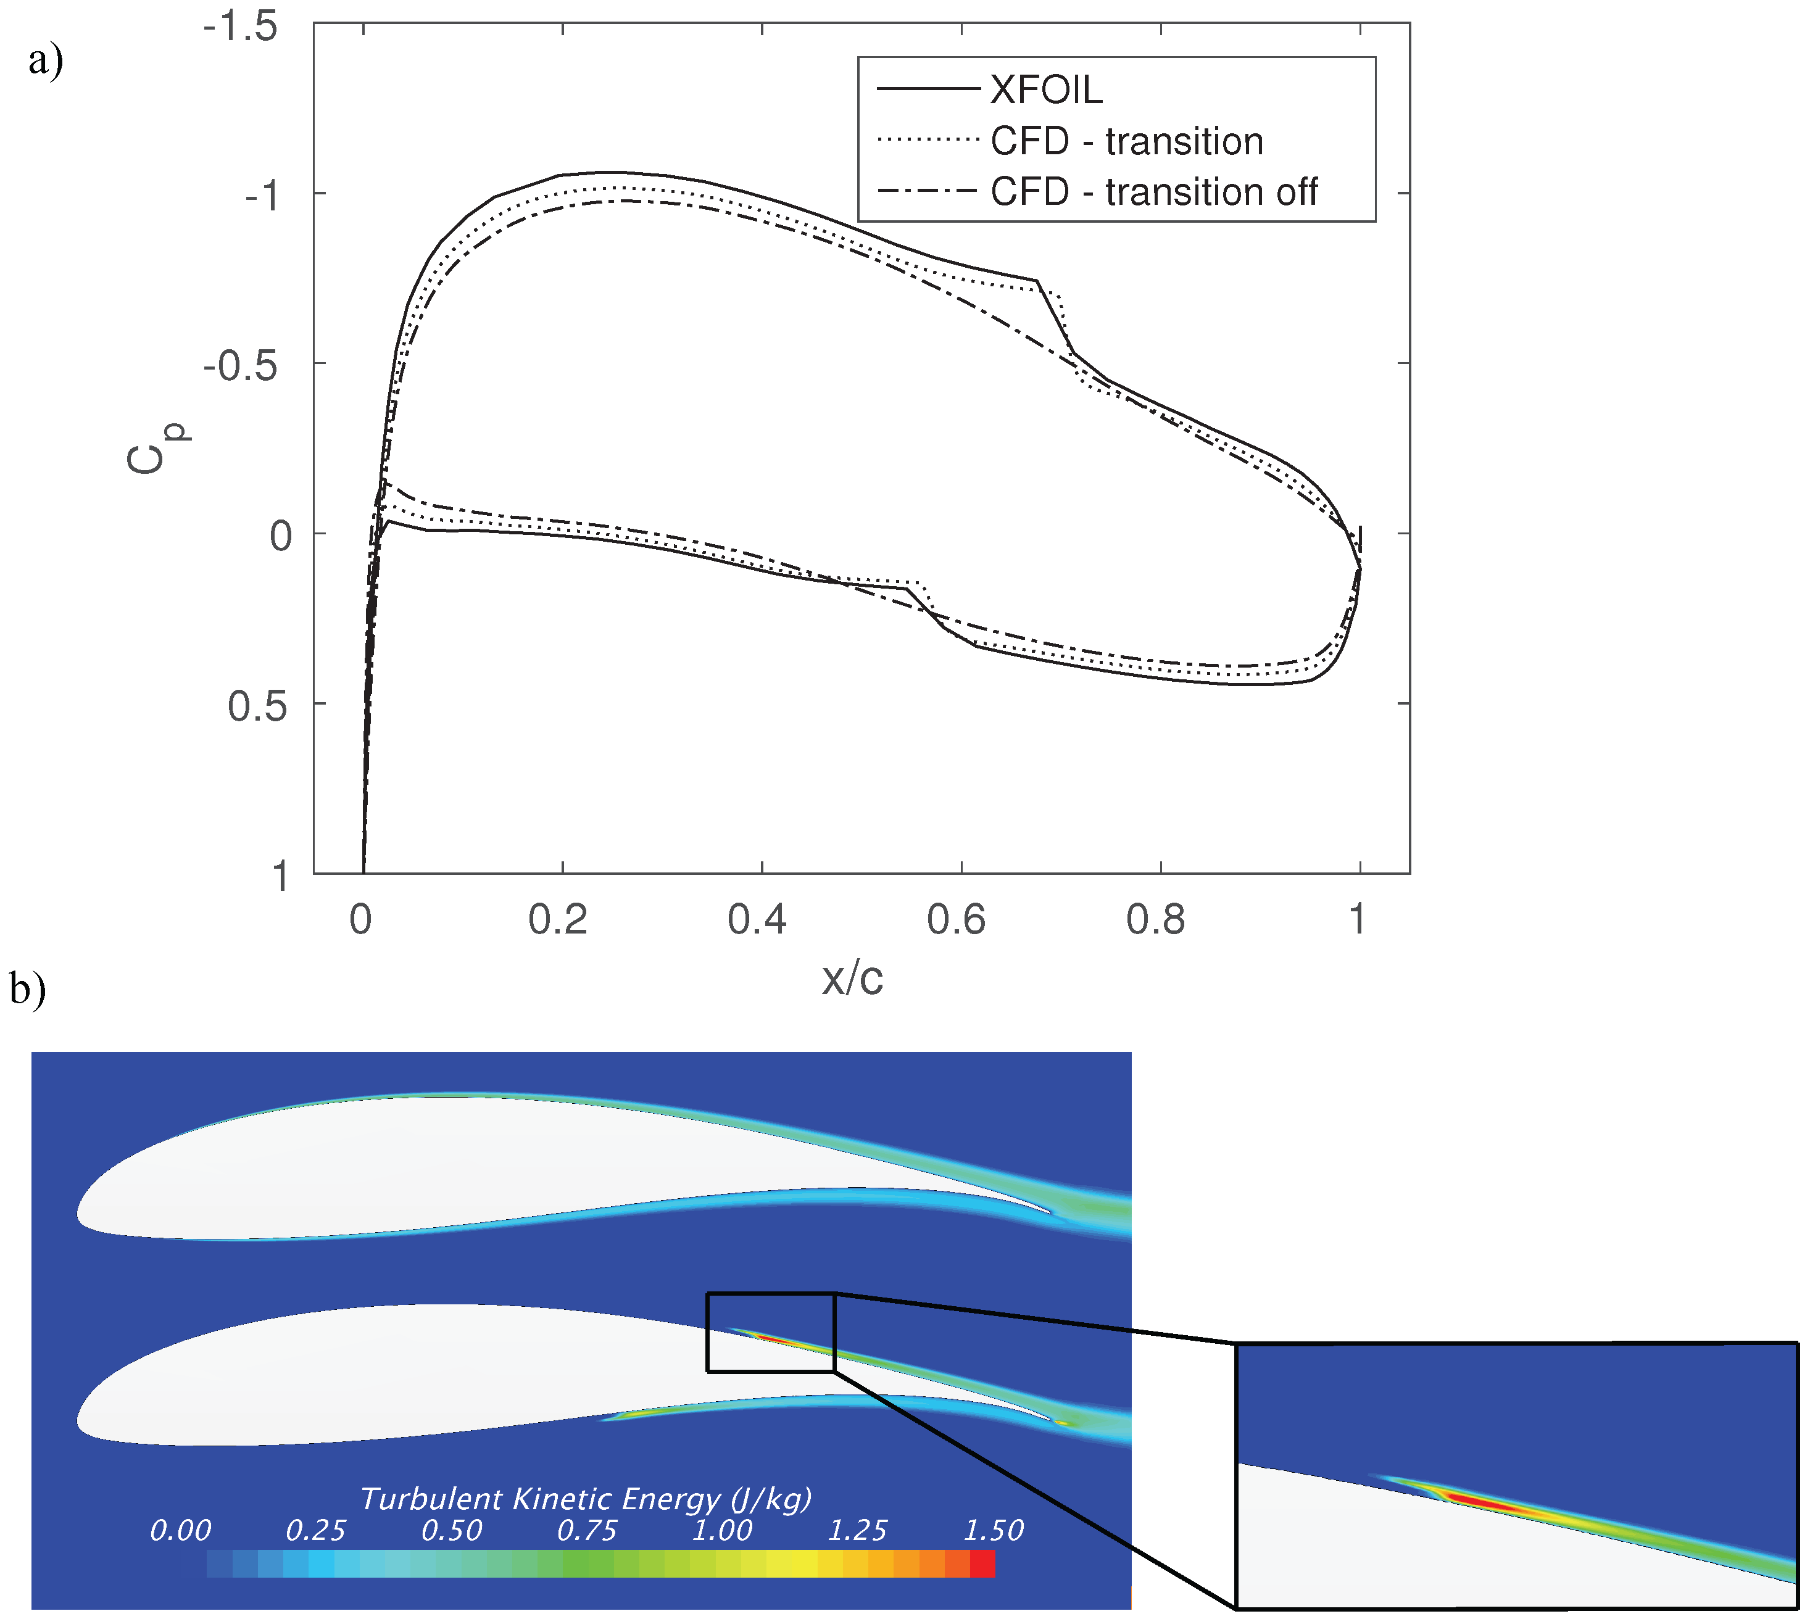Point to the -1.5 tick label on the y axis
click(240, 26)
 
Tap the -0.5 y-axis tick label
click(240, 365)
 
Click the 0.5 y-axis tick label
click(257, 705)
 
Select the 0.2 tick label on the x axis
click(558, 919)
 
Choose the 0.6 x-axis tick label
click(956, 919)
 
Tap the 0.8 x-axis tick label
click(1155, 919)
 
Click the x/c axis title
click(852, 979)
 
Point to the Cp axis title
click(156, 449)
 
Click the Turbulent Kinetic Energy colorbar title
click(586, 1499)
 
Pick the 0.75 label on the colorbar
click(586, 1530)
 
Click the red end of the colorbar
click(982, 1564)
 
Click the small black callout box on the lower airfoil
click(771, 1331)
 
